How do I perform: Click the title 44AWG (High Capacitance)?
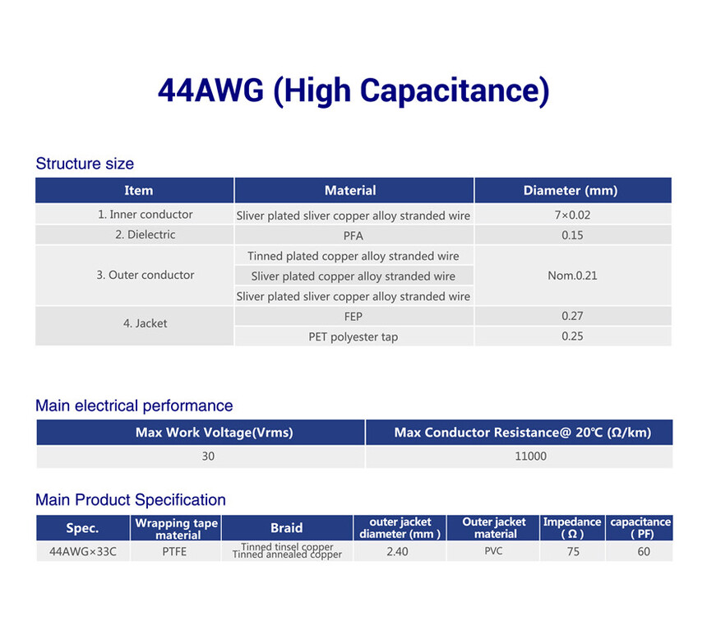click(353, 91)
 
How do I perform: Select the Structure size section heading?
click(85, 164)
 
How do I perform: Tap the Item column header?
click(138, 191)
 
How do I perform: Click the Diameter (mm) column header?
click(571, 191)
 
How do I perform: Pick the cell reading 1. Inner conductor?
click(146, 215)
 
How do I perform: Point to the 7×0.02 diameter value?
click(572, 215)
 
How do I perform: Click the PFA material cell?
click(353, 235)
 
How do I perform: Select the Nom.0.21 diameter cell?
click(572, 276)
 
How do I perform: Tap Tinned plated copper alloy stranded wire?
click(353, 256)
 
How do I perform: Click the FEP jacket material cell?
click(353, 317)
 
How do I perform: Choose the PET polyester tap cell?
click(353, 336)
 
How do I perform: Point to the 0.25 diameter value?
click(572, 336)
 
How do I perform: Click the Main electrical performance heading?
click(134, 406)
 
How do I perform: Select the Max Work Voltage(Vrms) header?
click(215, 433)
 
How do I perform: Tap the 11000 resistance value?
click(531, 456)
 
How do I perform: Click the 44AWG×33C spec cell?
click(83, 551)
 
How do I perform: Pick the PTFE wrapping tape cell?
click(174, 551)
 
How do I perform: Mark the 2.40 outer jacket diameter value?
click(397, 551)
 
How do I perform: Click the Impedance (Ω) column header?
click(572, 527)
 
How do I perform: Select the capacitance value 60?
click(644, 551)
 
